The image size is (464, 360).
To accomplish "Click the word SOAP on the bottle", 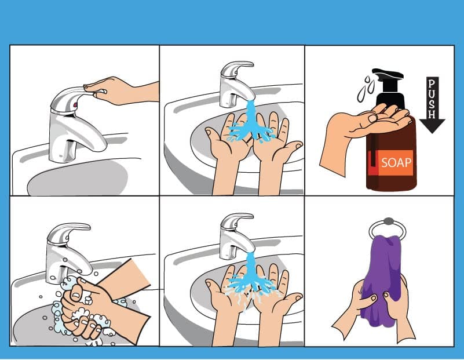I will coord(396,162).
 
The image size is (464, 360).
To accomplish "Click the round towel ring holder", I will coord(388,228).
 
